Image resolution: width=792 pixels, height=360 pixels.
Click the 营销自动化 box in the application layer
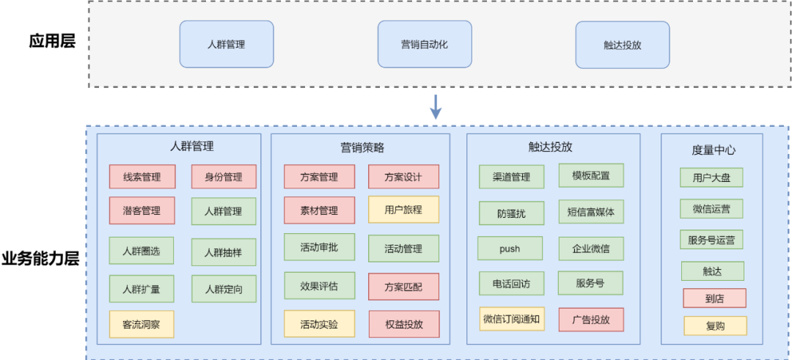point(425,44)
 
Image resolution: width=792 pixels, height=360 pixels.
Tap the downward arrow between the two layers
point(436,106)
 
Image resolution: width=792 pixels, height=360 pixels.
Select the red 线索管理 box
point(142,177)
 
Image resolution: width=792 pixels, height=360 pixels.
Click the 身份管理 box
point(224,177)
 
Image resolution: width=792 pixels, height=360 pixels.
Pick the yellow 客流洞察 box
point(142,324)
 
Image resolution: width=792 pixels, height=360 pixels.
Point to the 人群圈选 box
point(142,251)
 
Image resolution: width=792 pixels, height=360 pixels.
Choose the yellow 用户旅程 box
point(403,210)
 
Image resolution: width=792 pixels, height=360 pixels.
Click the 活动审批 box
point(319,247)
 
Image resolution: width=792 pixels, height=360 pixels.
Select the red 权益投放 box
point(403,323)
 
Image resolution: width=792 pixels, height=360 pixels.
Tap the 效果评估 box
point(319,286)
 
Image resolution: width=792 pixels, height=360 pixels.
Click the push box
point(510,249)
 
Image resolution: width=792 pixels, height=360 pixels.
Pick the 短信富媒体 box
point(590,213)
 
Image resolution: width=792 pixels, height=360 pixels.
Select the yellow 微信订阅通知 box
point(512,319)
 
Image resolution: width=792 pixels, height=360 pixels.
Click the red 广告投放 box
point(590,320)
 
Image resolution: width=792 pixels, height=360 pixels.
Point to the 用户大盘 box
point(711,177)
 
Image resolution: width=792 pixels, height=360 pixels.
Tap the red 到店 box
point(714,298)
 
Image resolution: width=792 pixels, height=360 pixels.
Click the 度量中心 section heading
point(713,150)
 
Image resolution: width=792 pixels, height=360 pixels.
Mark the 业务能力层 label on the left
point(40,259)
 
